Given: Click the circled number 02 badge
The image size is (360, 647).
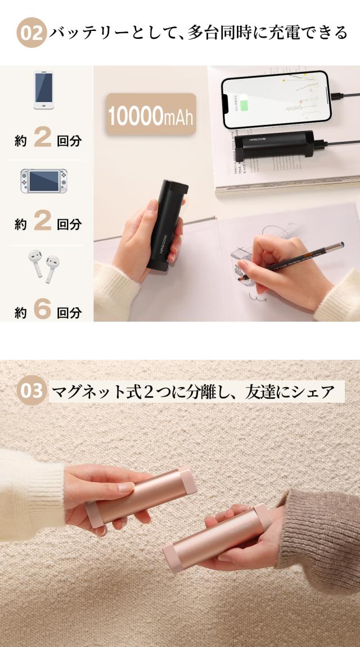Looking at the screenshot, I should click(31, 33).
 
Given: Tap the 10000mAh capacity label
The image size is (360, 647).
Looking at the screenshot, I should click(150, 115).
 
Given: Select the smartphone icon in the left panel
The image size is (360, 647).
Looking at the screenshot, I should click(44, 90).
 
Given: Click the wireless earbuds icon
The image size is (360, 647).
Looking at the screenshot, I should click(44, 266).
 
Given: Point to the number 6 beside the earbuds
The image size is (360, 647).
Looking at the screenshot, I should click(42, 310).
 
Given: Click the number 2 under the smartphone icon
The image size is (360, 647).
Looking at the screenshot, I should click(42, 138).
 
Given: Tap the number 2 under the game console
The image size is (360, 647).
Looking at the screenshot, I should click(42, 222).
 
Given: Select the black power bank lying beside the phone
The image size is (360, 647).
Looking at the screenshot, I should click(276, 145).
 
